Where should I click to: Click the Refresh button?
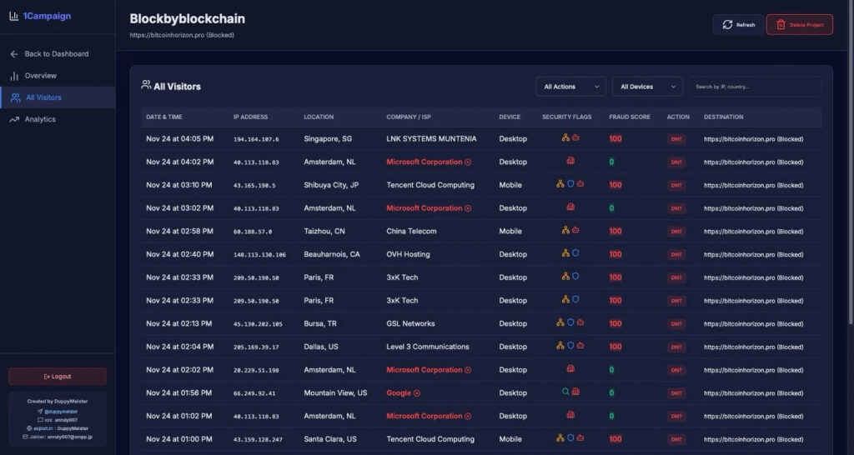pyautogui.click(x=738, y=25)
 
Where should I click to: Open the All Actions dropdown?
pyautogui.click(x=570, y=87)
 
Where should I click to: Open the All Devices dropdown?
pyautogui.click(x=646, y=87)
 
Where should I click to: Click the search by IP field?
pyautogui.click(x=754, y=87)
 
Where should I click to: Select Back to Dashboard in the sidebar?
pyautogui.click(x=56, y=54)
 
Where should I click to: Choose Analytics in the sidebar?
pyautogui.click(x=40, y=119)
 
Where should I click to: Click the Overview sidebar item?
pyautogui.click(x=41, y=76)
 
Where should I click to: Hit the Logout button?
pyautogui.click(x=58, y=377)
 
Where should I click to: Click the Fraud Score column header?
pyautogui.click(x=629, y=117)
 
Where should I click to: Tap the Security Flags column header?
pyautogui.click(x=566, y=117)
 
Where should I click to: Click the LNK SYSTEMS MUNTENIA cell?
pyautogui.click(x=431, y=138)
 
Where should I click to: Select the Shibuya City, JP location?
pyautogui.click(x=331, y=185)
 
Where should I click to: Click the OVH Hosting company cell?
pyautogui.click(x=408, y=254)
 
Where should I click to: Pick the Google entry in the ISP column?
pyautogui.click(x=399, y=392)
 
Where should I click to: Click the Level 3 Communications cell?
pyautogui.click(x=427, y=347)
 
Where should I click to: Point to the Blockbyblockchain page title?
pyautogui.click(x=188, y=18)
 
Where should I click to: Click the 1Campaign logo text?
pyautogui.click(x=48, y=16)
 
